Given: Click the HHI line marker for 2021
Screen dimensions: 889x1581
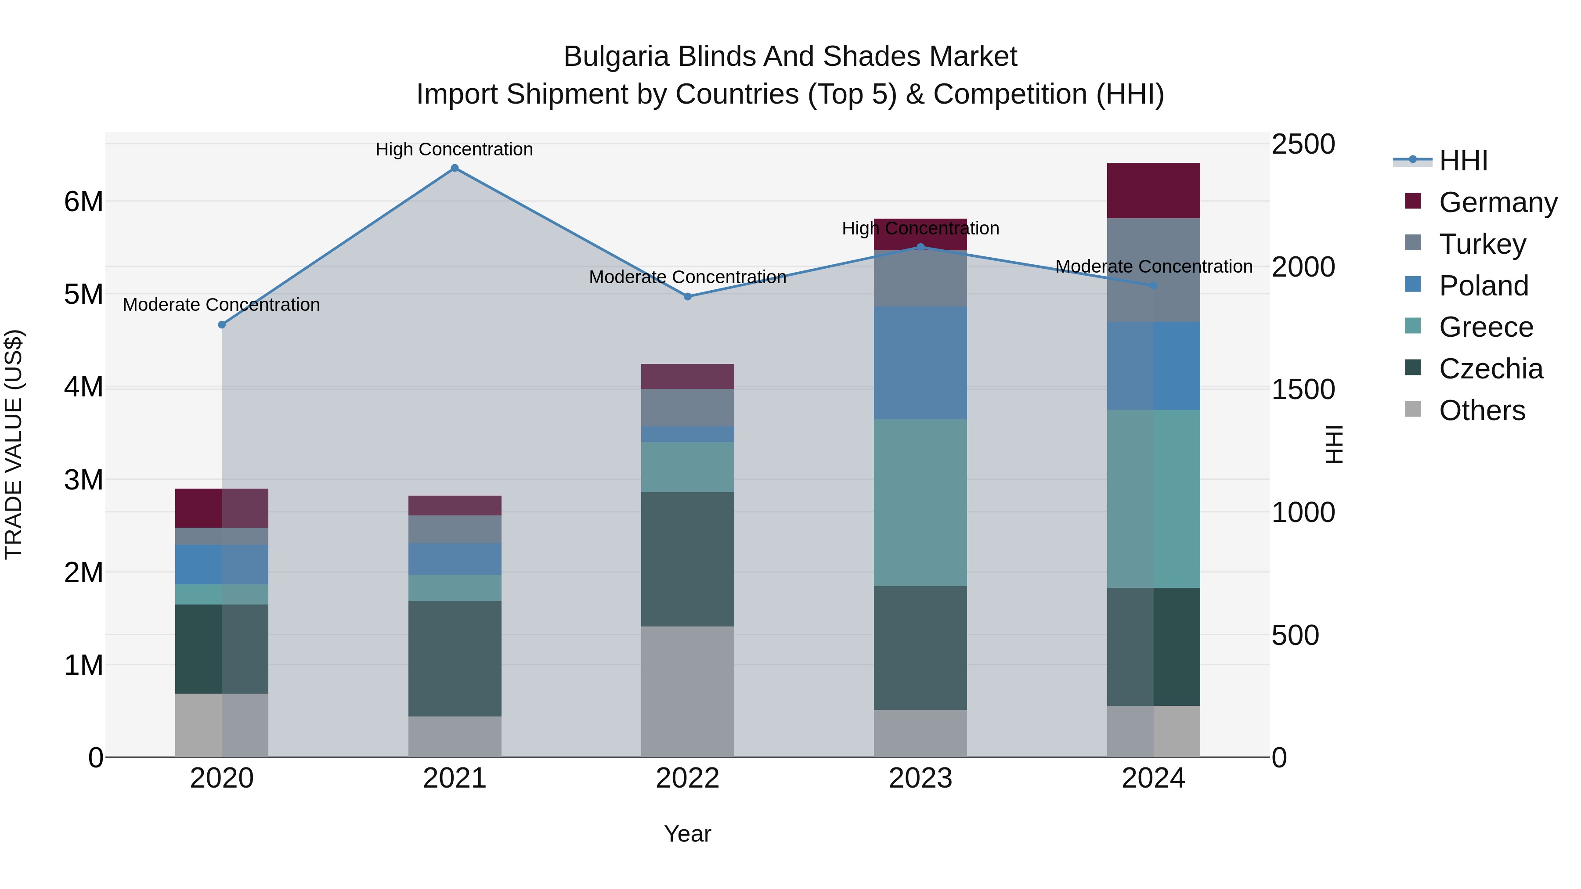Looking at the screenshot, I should point(455,168).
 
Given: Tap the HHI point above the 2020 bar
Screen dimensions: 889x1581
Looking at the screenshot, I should point(222,324).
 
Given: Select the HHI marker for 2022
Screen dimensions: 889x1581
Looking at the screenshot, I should point(687,296).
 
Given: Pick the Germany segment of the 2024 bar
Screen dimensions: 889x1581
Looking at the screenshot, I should point(1153,191).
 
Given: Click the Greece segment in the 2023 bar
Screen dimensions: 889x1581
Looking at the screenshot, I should point(920,503).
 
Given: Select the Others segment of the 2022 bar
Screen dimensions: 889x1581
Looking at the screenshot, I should point(687,691).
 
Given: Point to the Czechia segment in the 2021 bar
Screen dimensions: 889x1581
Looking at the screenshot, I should point(455,659).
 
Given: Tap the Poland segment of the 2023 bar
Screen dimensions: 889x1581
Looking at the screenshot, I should point(920,363).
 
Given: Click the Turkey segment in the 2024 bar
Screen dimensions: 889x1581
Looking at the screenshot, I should point(1153,270).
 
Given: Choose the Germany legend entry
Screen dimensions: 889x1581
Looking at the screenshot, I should point(1498,202).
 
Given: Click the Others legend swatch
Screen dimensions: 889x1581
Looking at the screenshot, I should point(1412,409).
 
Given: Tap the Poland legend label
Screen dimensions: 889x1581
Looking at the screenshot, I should point(1484,286).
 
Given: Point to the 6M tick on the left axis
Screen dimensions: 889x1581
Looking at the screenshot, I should point(83,201).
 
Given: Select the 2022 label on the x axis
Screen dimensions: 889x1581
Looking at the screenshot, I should point(687,778).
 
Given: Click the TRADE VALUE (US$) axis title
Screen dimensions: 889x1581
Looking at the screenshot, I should point(14,444).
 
